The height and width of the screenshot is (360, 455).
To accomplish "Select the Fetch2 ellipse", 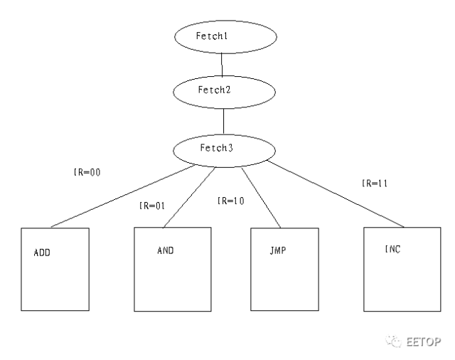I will coord(225,91).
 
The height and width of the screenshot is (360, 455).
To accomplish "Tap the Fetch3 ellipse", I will coord(224,149).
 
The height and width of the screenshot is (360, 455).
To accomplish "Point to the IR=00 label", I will coord(88,172).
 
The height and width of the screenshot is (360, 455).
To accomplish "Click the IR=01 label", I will coord(152,207).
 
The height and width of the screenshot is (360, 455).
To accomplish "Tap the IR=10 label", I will coord(231,201).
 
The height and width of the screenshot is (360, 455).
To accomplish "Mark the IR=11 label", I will coord(376,184).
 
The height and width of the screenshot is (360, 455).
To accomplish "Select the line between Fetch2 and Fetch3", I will coord(224,121).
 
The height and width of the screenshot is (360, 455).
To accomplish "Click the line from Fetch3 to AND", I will coord(189,196).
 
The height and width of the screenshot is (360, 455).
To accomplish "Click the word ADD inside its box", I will coord(42,253).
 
